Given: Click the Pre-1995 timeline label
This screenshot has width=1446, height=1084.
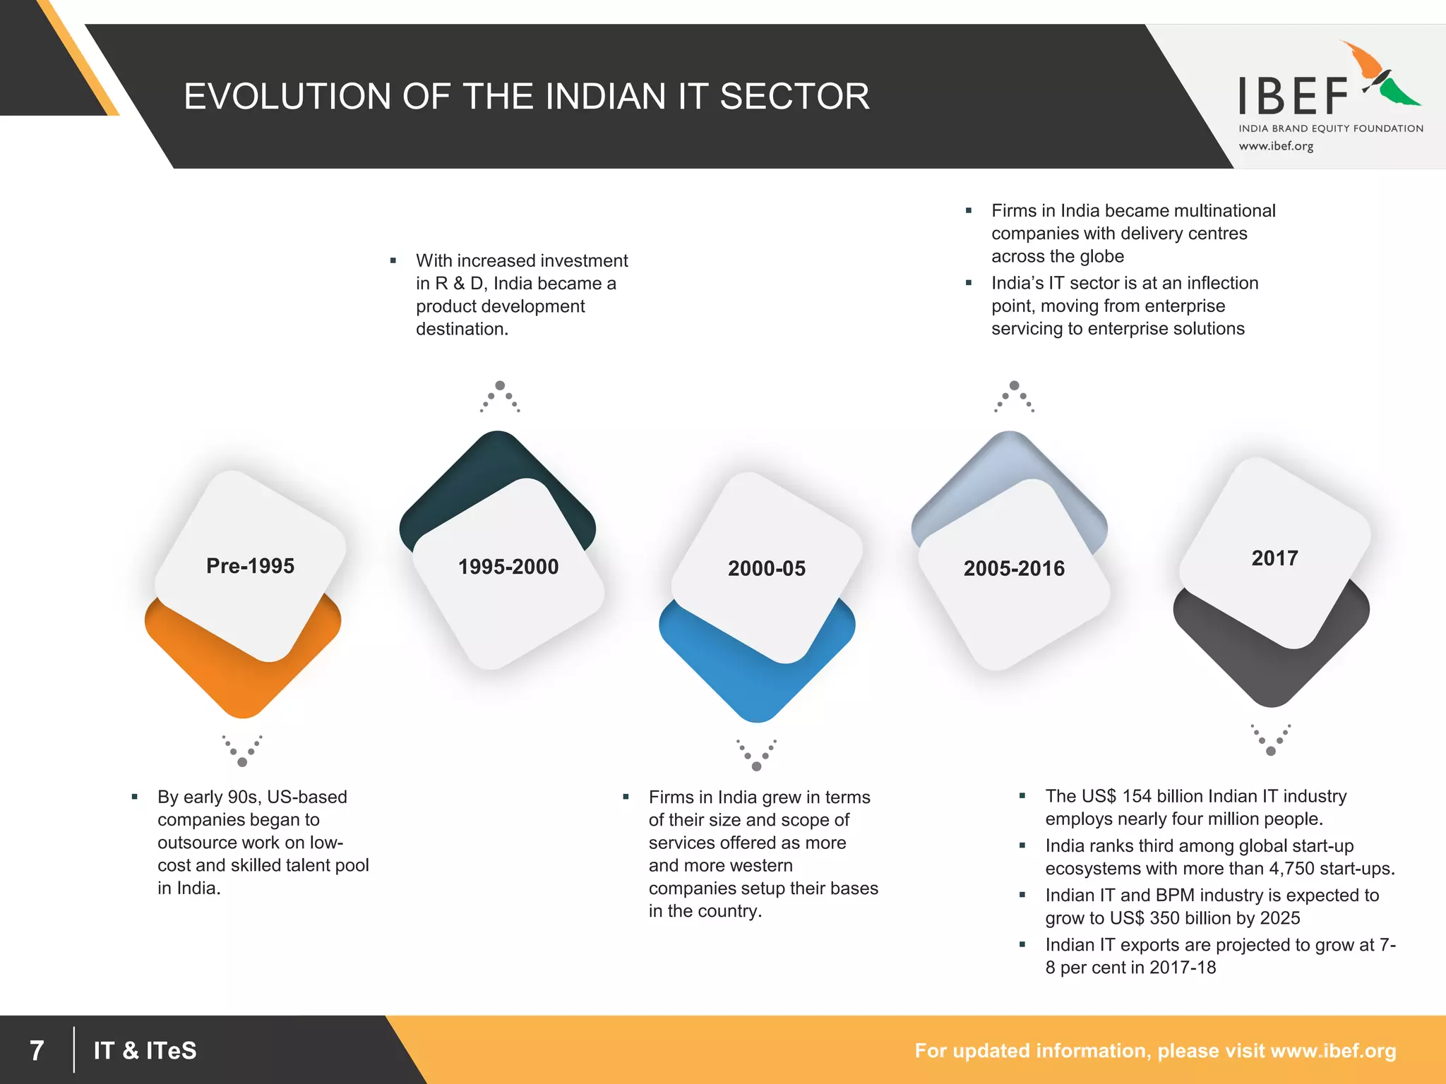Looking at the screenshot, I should [x=250, y=566].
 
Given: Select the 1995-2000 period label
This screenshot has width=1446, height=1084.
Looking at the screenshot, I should [x=508, y=567].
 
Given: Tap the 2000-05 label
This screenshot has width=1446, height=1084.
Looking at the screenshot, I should [x=766, y=568].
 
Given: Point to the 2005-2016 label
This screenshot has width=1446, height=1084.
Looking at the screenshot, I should [x=1014, y=568].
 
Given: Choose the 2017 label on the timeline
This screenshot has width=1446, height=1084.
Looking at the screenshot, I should [x=1274, y=558].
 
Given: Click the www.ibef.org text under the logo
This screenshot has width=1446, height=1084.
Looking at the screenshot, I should [x=1276, y=146].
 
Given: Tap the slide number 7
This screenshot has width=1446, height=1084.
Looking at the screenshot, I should [x=37, y=1050].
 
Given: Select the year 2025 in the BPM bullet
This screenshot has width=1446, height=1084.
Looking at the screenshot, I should [x=1280, y=917].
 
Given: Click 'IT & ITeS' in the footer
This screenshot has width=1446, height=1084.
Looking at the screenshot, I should [x=145, y=1050].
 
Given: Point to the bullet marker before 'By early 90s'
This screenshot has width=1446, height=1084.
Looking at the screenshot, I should [x=134, y=797].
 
